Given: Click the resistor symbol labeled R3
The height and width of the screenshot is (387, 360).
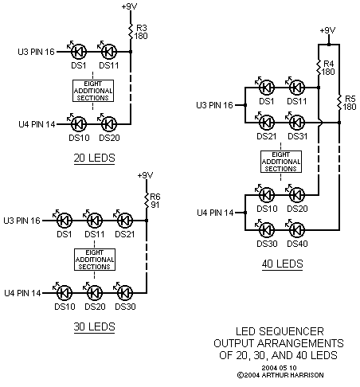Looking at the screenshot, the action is pos(131,32).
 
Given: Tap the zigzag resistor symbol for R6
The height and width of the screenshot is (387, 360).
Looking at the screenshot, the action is pos(147,201).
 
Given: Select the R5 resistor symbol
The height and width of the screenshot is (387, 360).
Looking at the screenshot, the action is pos(339,103).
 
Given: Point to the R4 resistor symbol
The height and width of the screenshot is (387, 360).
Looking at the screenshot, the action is pos(319,68).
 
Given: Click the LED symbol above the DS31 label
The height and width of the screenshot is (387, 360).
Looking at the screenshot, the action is pos(295,122).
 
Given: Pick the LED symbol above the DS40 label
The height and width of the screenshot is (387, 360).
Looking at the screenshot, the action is pos(295,229).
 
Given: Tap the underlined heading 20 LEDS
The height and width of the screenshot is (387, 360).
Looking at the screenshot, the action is pos(94,158).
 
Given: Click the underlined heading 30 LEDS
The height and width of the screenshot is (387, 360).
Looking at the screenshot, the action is pos(94,326).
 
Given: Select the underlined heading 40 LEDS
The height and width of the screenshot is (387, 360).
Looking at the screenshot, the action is pos(282,264).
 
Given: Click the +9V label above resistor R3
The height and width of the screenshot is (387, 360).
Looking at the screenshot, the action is pos(129,6).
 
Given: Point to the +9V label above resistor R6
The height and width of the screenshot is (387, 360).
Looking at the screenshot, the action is pos(145,175).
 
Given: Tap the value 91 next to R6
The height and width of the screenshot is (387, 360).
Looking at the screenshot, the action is pos(155,205).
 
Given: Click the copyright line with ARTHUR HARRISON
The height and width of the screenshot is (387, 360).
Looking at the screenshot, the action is pos(280,375).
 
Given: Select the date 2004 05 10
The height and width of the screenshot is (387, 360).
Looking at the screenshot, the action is pos(279,368).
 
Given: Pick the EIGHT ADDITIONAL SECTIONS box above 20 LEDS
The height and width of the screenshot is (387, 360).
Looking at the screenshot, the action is pos(93,91).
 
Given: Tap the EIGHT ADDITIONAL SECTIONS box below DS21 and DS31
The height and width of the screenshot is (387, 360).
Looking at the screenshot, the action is pos(281,162).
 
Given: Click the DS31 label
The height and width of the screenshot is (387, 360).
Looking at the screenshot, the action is pos(297,136).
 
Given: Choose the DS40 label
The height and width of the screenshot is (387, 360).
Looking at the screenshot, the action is pos(297,244).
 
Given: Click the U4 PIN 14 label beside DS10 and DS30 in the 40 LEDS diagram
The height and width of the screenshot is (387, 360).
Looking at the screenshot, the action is pos(215,213).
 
